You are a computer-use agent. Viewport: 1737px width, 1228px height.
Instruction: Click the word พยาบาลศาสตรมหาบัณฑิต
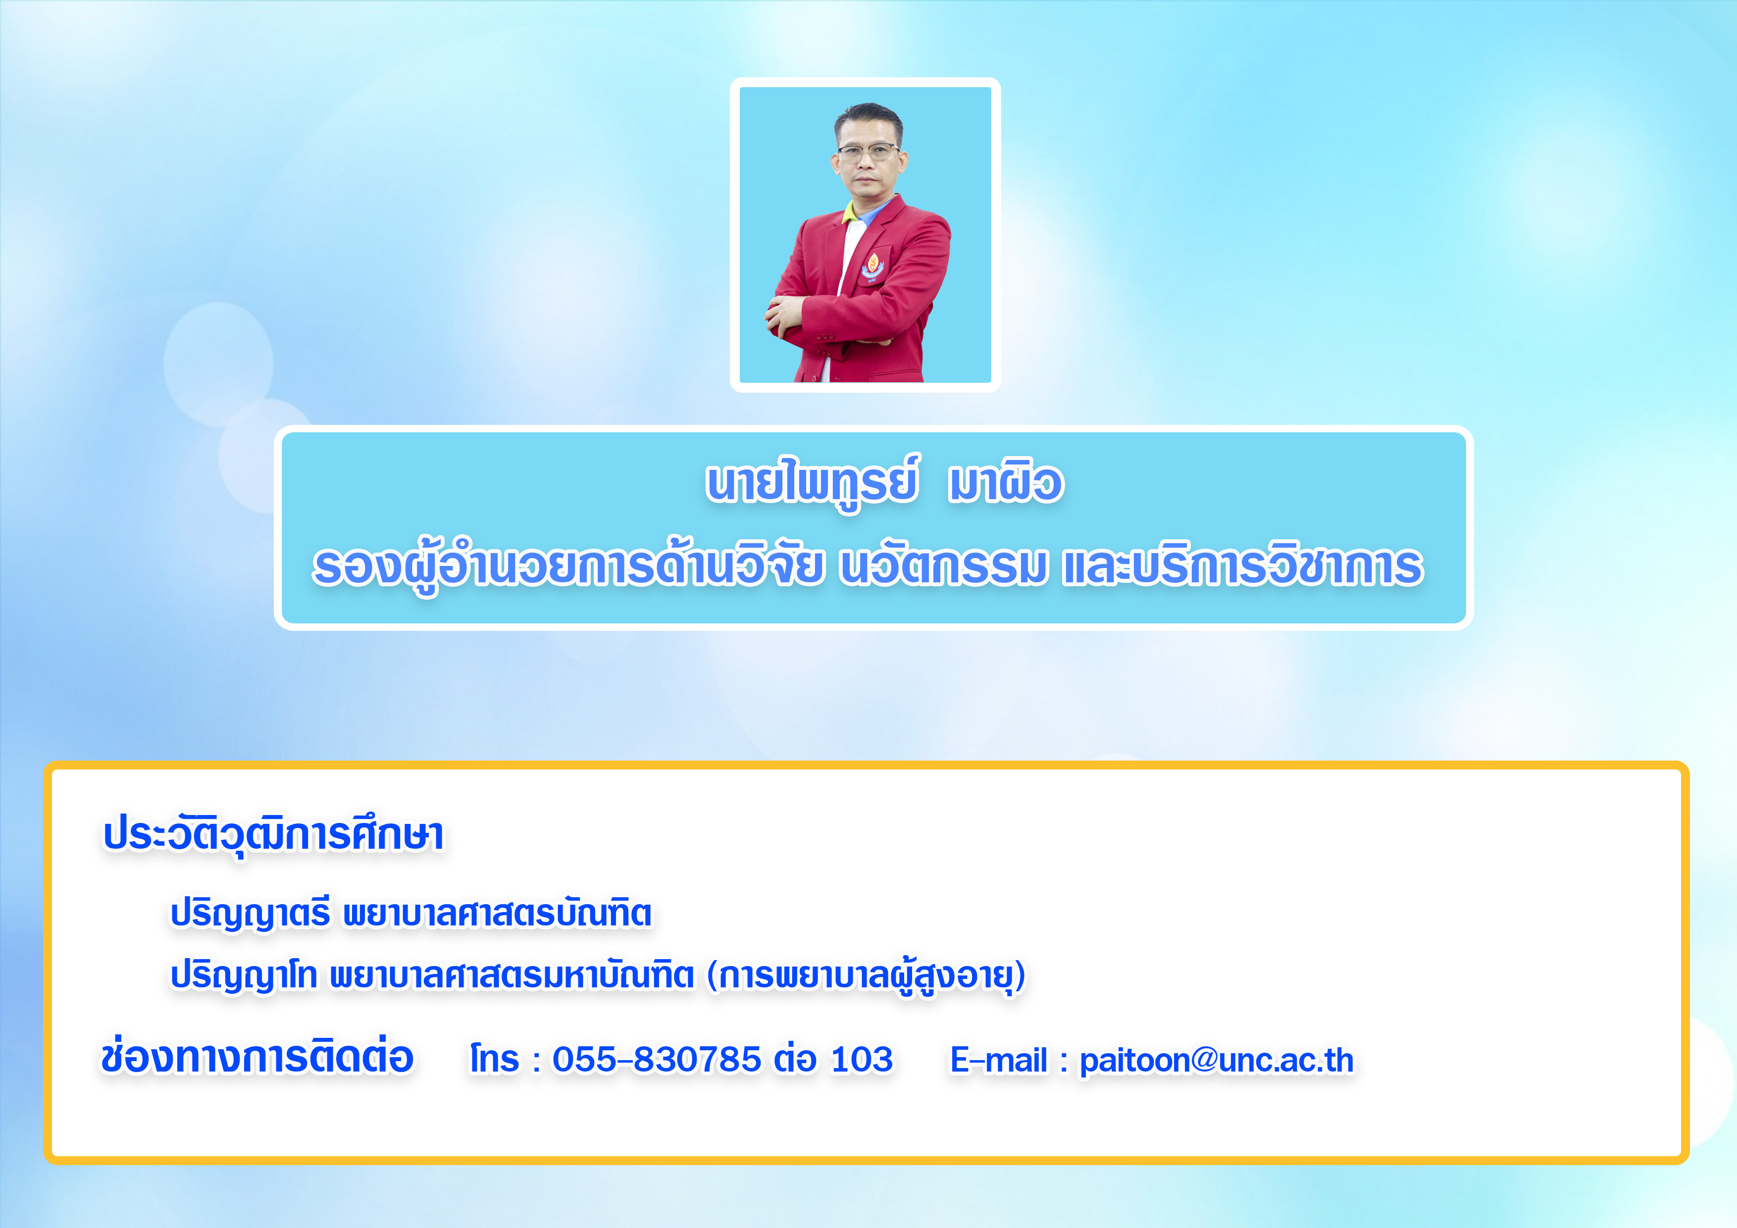511,976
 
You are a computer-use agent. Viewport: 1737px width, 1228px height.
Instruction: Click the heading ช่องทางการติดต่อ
257,1058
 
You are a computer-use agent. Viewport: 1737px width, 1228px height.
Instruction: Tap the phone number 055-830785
656,1059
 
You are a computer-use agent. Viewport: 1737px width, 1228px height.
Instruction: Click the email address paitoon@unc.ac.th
1216,1061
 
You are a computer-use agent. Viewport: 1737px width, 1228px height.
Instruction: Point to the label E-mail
999,1061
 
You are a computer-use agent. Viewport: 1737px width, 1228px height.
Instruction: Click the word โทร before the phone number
494,1059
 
